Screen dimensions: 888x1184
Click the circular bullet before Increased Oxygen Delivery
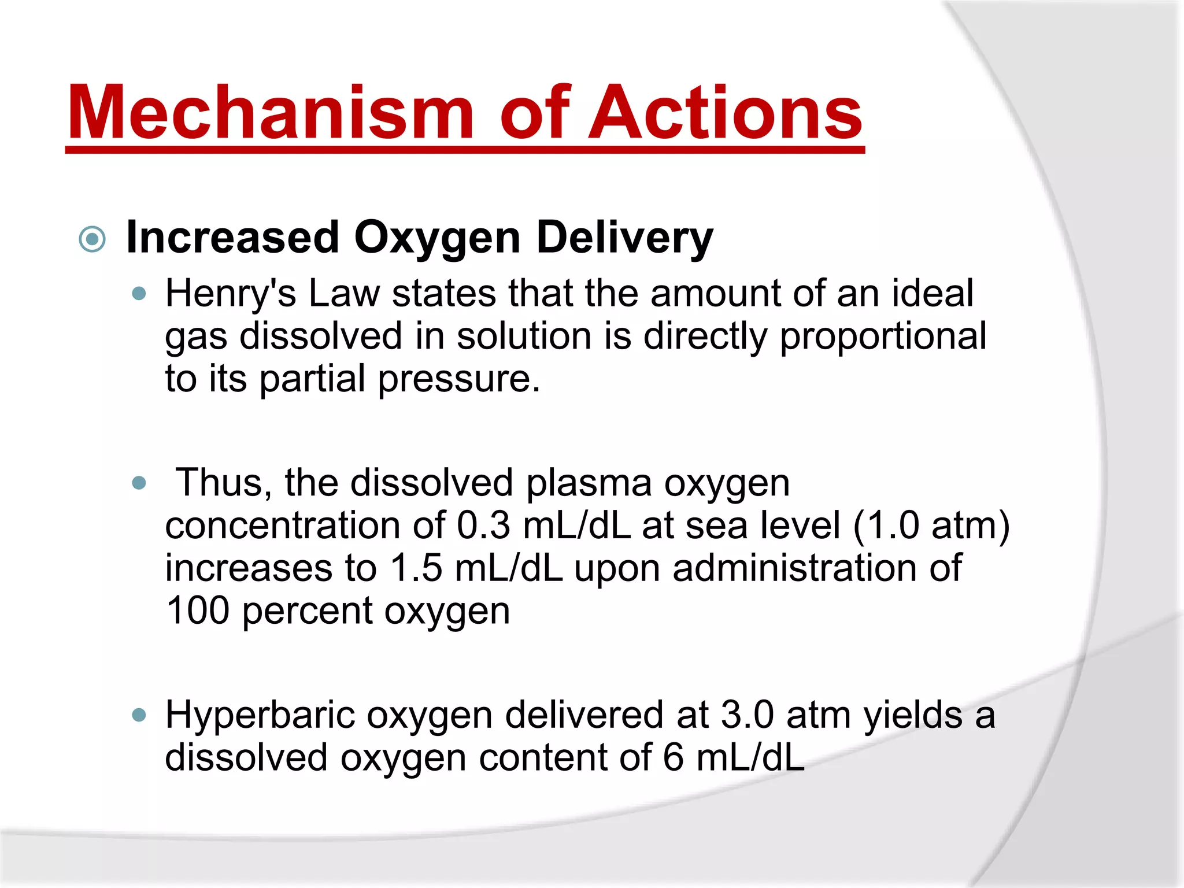point(92,239)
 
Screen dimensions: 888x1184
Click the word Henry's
point(230,294)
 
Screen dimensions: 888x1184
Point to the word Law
point(344,294)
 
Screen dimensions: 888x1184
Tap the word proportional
point(883,336)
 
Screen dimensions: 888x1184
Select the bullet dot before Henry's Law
point(139,294)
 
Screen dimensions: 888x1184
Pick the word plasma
point(589,483)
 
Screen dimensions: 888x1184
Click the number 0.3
point(483,526)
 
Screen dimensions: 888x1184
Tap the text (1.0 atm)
point(931,526)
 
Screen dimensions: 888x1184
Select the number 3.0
point(747,715)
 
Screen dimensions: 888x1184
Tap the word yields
point(913,715)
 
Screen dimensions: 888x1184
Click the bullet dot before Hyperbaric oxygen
point(139,716)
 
